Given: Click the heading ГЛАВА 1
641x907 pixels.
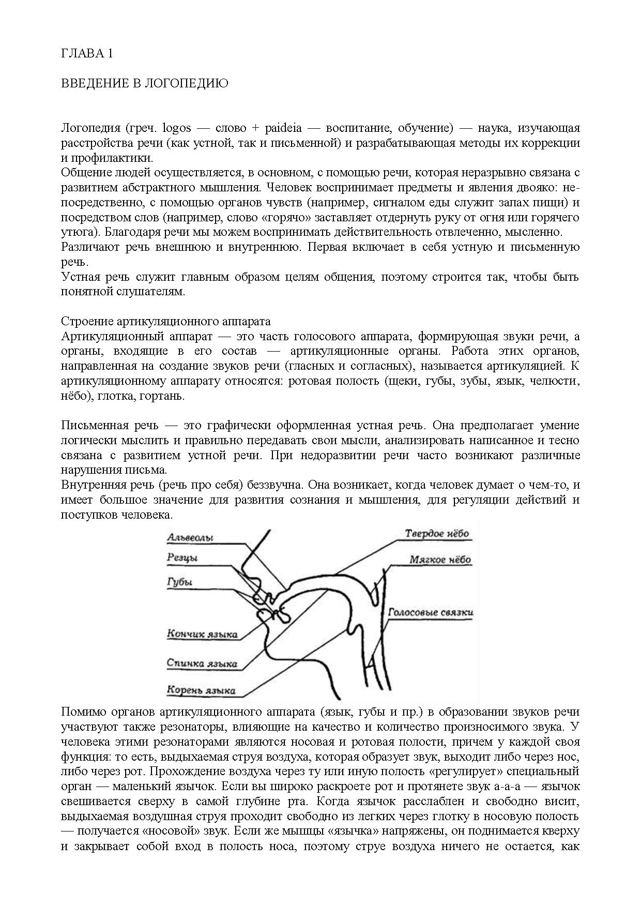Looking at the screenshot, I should tap(87, 54).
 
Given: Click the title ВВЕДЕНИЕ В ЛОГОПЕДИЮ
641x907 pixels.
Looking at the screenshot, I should tap(145, 84).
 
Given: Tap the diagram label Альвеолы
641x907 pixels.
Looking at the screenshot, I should tap(190, 538).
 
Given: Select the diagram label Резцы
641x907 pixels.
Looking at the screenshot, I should tap(182, 557).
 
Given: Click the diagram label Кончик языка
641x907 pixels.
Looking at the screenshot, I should tap(202, 634).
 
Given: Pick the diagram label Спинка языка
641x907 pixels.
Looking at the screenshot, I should tap(202, 663).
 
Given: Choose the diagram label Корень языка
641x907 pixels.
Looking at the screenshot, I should tap(201, 690).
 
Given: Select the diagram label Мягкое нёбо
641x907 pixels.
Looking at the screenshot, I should tap(440, 560).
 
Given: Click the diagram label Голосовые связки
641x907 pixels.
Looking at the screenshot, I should tap(431, 613).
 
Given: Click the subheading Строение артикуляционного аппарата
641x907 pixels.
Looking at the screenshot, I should tap(165, 322).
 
